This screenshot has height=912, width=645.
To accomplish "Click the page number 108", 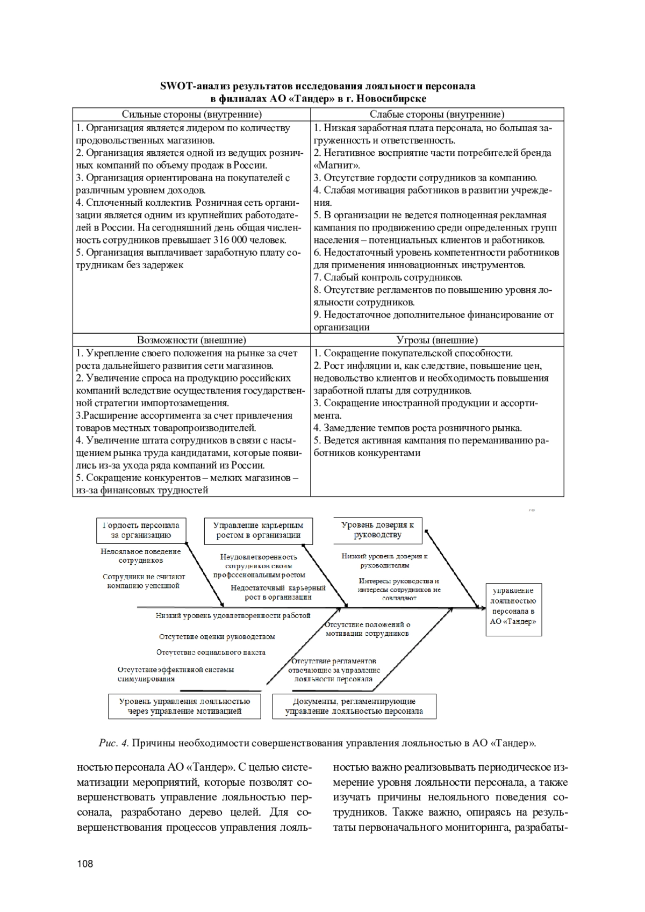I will pos(85,864).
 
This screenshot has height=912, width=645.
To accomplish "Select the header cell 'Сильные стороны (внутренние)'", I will pos(191,114).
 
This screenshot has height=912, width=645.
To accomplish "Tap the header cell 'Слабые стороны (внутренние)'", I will pos(436,114).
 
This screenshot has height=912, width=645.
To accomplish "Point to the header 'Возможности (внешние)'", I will pos(191,340).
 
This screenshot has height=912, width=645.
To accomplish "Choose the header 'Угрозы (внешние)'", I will pos(436,340).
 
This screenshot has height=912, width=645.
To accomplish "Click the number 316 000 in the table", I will pos(232,240).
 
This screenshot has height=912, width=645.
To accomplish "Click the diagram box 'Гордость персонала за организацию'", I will pos(141,530).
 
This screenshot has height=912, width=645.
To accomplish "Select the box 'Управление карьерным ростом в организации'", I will pos(258,530).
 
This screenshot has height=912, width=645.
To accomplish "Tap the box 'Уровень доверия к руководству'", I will pos(377,530).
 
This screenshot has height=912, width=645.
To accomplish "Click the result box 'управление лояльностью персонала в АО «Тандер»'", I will pos(513,610).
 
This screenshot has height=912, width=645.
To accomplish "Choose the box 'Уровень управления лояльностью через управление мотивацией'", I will pos(184,706).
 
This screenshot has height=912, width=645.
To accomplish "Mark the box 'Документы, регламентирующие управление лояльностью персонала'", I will pos(354,706).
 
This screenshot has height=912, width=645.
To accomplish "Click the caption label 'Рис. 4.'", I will pos(114,743).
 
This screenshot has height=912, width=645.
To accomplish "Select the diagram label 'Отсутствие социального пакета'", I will pos(211,652).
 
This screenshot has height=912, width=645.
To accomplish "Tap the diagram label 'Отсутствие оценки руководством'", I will pos(217,637).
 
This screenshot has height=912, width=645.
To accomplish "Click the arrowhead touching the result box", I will pos(477,607).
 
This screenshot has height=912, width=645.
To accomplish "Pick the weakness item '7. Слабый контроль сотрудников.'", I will pos(388,277).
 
